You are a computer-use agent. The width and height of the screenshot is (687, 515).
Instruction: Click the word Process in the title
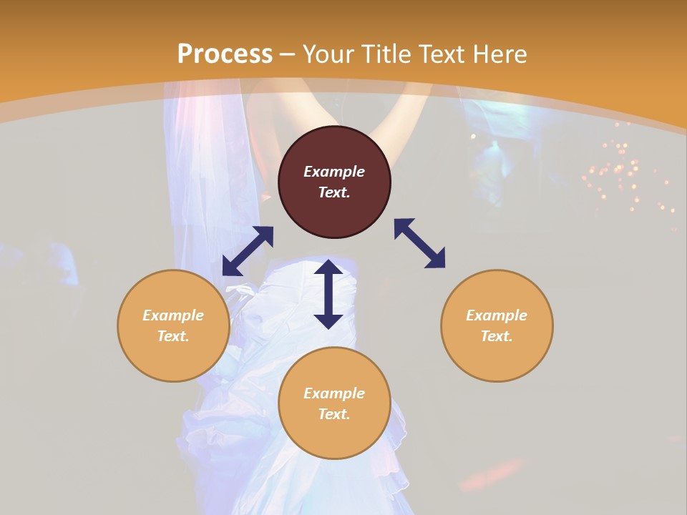pyautogui.click(x=225, y=54)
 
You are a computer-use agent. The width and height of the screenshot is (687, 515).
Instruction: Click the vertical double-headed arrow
pyautogui.click(x=328, y=294)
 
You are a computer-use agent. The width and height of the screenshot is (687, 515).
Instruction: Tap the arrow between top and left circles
pyautogui.click(x=248, y=251)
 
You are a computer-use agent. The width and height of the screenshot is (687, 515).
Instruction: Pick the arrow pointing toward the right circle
pyautogui.click(x=419, y=243)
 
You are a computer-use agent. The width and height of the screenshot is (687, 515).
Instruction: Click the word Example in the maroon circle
pyautogui.click(x=334, y=172)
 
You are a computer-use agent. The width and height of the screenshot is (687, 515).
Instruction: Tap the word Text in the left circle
pyautogui.click(x=173, y=336)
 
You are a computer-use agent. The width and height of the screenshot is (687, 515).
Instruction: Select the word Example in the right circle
pyautogui.click(x=497, y=315)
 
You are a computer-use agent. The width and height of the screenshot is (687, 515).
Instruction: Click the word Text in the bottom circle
pyautogui.click(x=334, y=414)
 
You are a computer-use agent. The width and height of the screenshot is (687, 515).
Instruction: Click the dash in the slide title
pyautogui.click(x=288, y=55)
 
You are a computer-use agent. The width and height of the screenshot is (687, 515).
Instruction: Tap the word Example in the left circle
pyautogui.click(x=173, y=315)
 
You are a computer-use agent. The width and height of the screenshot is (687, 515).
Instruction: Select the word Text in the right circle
pyautogui.click(x=497, y=336)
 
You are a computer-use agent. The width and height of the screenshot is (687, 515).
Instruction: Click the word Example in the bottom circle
pyautogui.click(x=334, y=393)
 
